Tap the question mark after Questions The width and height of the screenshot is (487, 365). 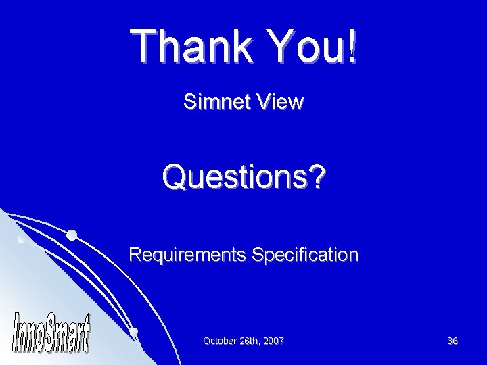(316, 178)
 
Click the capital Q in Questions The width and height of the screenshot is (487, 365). (175, 178)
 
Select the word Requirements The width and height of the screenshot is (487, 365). (187, 255)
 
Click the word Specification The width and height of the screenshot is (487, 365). (305, 255)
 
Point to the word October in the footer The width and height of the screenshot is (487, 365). (220, 342)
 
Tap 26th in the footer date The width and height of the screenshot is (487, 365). (249, 342)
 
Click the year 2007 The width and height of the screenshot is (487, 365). (273, 342)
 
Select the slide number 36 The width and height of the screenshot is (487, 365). (453, 342)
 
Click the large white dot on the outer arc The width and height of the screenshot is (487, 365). (71, 235)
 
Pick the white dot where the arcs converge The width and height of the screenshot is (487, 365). (134, 331)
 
